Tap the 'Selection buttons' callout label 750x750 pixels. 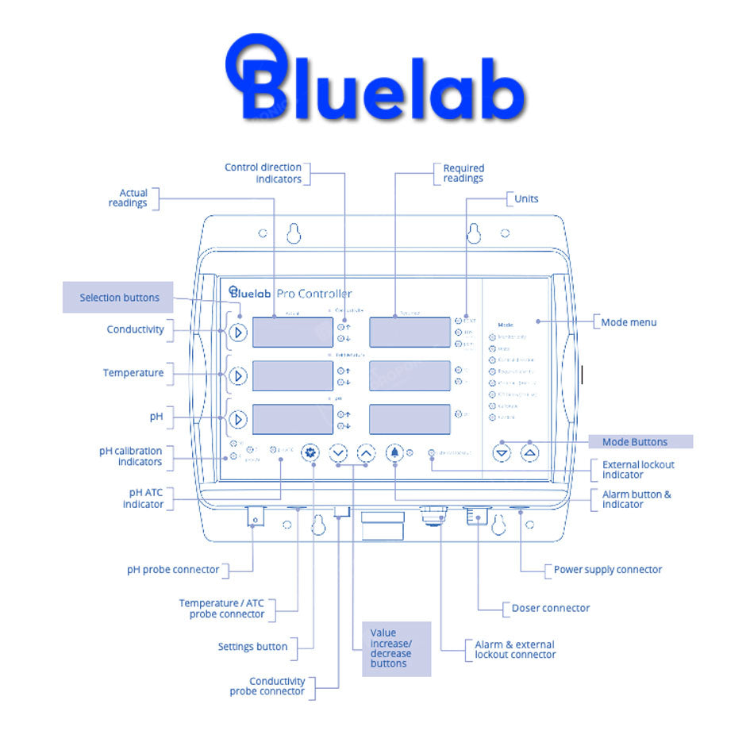tap(118, 298)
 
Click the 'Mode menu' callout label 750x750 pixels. tap(629, 322)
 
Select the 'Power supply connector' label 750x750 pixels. tap(607, 569)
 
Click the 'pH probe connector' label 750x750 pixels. tap(173, 569)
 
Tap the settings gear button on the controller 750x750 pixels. tap(310, 453)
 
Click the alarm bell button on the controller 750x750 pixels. tap(394, 453)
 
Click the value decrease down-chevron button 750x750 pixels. tap(338, 453)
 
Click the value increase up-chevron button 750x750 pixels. tap(366, 453)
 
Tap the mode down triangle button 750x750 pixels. tap(502, 453)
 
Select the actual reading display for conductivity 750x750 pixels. tap(292, 333)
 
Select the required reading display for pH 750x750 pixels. tap(410, 418)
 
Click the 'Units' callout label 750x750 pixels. tap(526, 198)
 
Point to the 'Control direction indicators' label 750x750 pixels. tap(263, 173)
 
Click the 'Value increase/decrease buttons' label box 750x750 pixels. tap(396, 648)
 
